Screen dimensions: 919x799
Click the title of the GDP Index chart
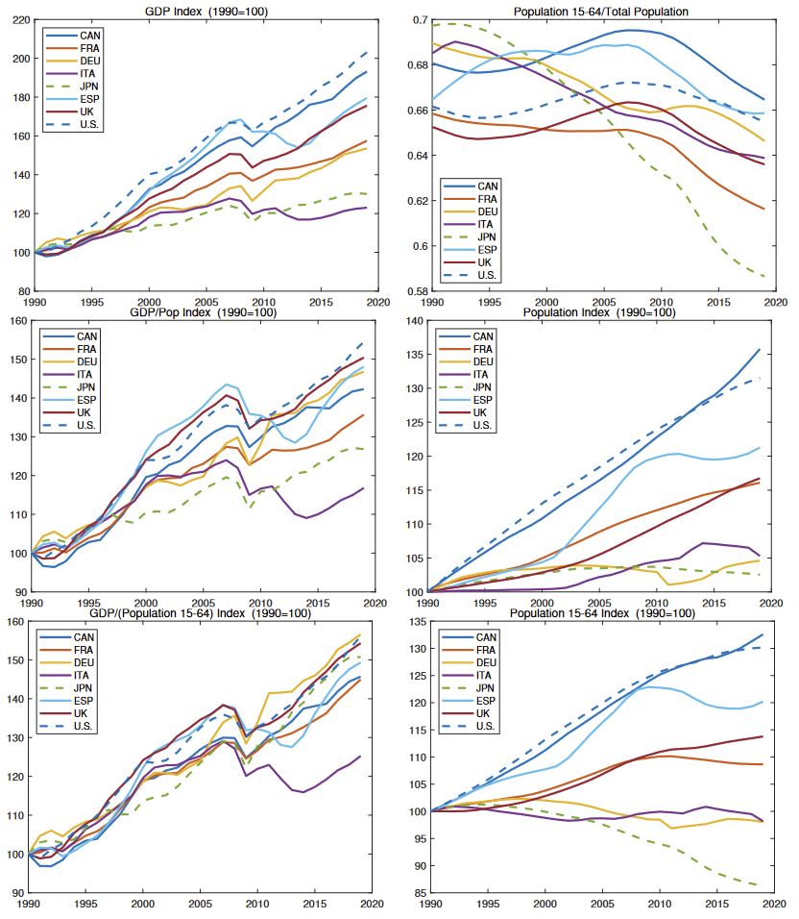(x=206, y=10)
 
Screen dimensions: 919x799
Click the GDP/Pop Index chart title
(x=206, y=312)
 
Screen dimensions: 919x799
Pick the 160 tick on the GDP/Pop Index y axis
(x=20, y=321)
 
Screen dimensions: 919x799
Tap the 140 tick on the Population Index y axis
(x=417, y=321)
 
